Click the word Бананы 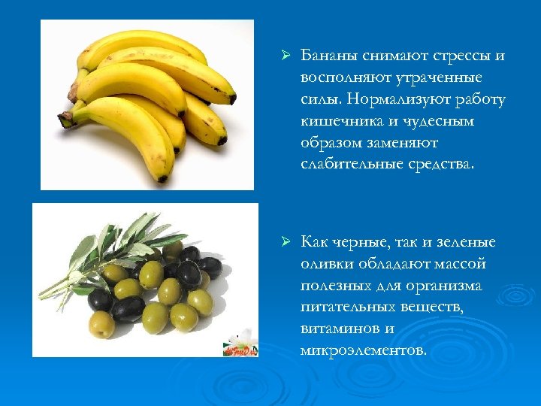tap(328, 56)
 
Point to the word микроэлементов tap(362, 350)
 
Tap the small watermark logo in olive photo tap(239, 344)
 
